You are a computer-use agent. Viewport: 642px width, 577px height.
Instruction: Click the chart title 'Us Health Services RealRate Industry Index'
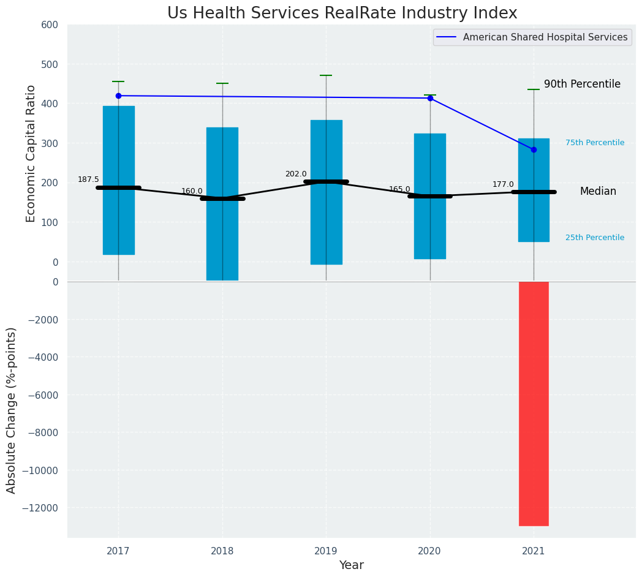(x=342, y=13)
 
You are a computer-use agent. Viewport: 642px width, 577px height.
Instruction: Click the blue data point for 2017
(x=118, y=96)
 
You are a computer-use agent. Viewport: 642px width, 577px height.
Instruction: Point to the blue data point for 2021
(x=534, y=149)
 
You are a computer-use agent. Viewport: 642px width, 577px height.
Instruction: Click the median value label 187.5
(x=88, y=179)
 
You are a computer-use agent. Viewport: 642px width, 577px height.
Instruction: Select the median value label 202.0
(x=296, y=174)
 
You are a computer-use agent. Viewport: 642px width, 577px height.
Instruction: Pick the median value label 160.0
(x=192, y=191)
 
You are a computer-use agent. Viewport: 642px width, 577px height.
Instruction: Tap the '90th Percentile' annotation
(x=582, y=85)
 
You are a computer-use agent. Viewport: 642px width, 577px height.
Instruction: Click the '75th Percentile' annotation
(x=595, y=143)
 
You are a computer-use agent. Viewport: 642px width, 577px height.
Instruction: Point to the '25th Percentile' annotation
(x=595, y=238)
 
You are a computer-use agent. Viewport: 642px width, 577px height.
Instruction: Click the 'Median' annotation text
(x=598, y=192)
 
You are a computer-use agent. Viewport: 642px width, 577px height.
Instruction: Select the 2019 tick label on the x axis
(x=326, y=551)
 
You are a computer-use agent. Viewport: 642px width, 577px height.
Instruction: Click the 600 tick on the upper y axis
(x=50, y=25)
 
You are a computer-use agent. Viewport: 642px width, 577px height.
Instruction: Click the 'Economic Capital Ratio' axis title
(x=31, y=153)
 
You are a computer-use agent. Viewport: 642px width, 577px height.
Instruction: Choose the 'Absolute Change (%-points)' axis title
(x=12, y=410)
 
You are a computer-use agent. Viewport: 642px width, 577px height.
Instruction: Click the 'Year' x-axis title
(x=352, y=565)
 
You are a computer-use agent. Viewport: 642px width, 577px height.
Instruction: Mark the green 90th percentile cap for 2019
(x=326, y=75)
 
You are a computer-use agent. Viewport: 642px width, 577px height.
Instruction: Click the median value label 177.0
(x=503, y=184)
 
